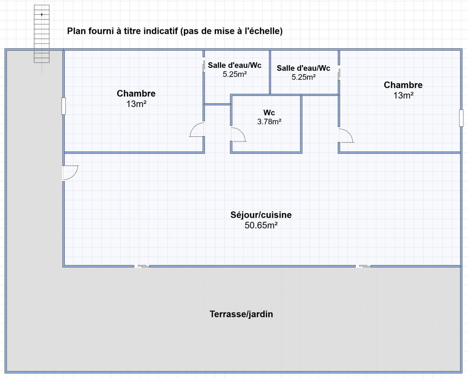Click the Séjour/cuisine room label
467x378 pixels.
coord(261,215)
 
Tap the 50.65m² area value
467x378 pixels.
coord(261,225)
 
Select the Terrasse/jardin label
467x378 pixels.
coord(241,314)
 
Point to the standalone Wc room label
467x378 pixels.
coord(269,113)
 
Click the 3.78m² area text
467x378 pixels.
coord(269,121)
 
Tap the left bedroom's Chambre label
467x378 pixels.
coord(136,93)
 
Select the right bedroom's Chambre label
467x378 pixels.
coord(403,85)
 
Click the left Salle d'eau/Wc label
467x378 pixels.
coord(235,65)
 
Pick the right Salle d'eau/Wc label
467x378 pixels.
coord(304,68)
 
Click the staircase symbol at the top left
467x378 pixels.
coord(42,34)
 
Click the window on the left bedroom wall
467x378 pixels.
coord(64,106)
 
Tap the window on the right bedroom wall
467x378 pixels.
coord(461,118)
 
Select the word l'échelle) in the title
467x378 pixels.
coord(264,31)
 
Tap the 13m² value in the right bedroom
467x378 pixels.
coord(403,96)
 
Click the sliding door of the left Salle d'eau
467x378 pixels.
coord(204,66)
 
